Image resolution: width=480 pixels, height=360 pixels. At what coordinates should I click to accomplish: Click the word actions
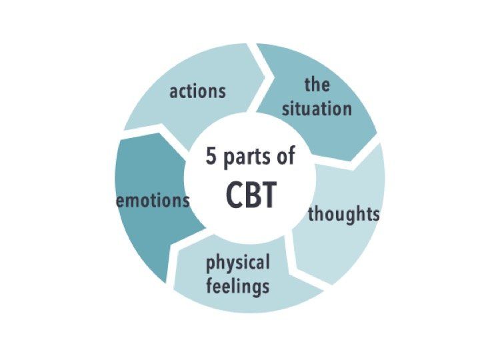click(197, 91)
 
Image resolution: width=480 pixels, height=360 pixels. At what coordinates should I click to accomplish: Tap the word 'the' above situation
click(317, 85)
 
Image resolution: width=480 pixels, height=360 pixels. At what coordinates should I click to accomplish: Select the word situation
click(317, 109)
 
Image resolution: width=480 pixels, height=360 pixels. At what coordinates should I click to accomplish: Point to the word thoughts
click(344, 214)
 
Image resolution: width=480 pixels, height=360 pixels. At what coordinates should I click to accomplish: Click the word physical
click(238, 263)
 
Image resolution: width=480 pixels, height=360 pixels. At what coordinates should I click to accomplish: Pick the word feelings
click(238, 286)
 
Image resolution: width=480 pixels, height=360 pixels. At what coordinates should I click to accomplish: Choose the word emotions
click(153, 201)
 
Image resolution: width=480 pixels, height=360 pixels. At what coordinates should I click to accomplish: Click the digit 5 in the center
click(211, 155)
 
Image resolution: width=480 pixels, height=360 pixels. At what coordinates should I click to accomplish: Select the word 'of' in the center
click(285, 155)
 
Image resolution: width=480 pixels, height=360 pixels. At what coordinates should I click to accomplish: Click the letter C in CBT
click(234, 195)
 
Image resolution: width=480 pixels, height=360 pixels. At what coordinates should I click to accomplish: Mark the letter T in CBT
click(268, 195)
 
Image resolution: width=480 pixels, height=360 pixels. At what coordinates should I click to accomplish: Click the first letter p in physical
click(210, 265)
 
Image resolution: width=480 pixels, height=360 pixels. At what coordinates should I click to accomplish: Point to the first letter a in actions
click(174, 93)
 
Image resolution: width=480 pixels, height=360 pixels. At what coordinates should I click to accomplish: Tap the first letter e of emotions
click(121, 202)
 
